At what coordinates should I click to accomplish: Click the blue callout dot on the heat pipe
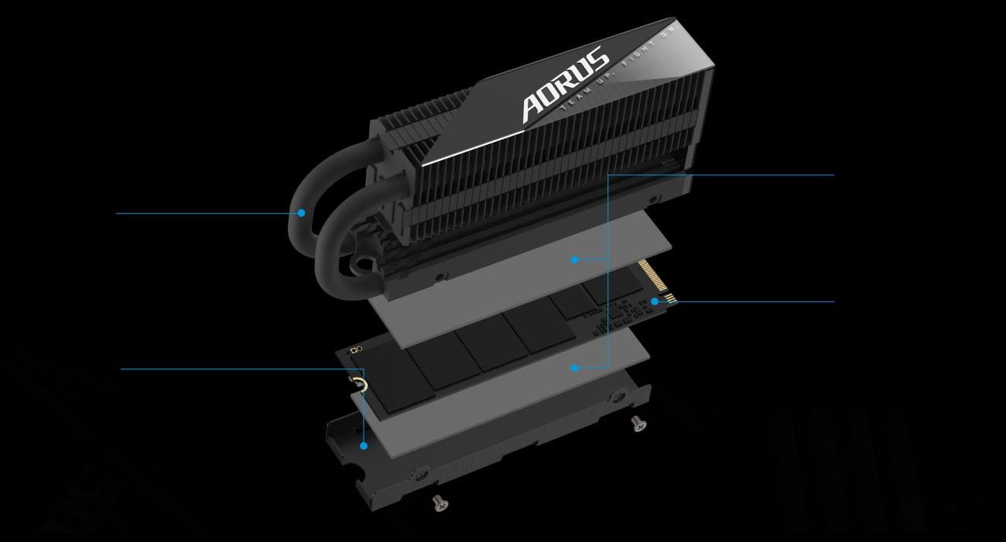(x=301, y=212)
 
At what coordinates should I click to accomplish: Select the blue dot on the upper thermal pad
(x=574, y=259)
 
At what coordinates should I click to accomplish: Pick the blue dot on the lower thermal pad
(x=574, y=368)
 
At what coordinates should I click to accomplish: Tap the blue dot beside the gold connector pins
(x=655, y=300)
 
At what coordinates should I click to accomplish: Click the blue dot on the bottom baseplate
(x=364, y=445)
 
